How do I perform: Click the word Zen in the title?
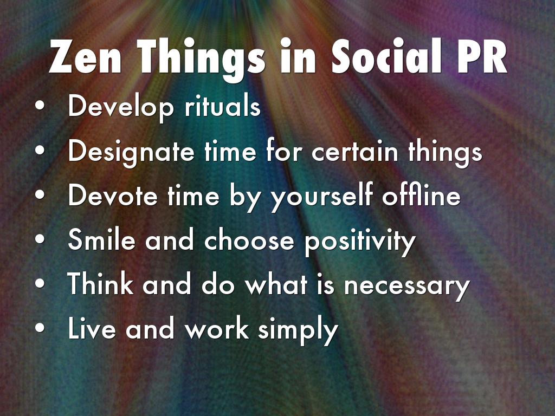coord(85,56)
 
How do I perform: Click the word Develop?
coord(121,108)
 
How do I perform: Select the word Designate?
coord(131,152)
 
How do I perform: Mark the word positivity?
coord(360,241)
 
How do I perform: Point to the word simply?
coord(298,330)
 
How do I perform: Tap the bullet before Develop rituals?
coord(40,106)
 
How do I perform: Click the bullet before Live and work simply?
coord(40,328)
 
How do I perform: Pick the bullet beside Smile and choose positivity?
coord(40,239)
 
